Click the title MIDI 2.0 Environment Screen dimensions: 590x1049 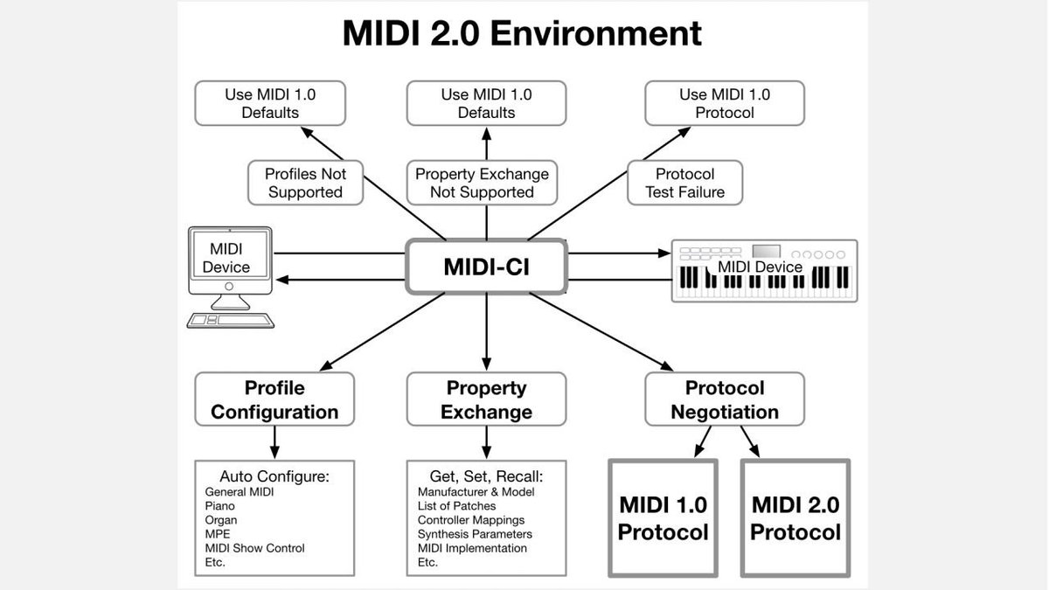522,33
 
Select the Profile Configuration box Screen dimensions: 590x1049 274,399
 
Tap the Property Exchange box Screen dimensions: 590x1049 486,399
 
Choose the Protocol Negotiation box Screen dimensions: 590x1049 724,399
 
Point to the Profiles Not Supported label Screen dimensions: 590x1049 305,183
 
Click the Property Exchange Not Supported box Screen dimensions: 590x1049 482,183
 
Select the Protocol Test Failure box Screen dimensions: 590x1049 684,183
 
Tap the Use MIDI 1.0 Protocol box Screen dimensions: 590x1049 724,103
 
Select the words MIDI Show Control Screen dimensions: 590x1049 254,548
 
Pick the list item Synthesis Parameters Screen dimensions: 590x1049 475,534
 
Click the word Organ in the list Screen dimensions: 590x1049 220,520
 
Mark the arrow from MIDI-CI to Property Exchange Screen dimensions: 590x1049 486,332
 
